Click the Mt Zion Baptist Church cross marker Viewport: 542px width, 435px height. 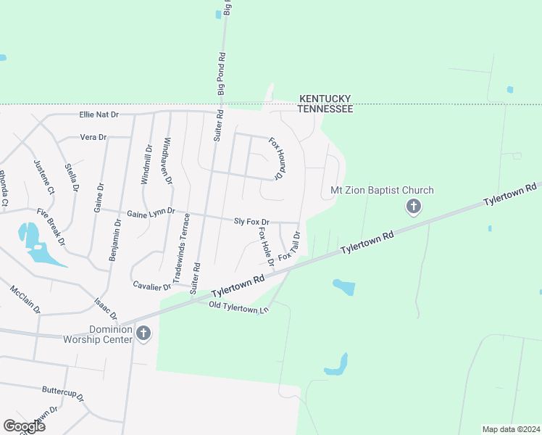(413, 207)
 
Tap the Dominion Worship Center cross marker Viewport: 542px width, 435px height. (143, 333)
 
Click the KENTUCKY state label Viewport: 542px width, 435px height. (325, 99)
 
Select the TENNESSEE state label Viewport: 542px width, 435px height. (325, 109)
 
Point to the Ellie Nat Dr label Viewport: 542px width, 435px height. (99, 115)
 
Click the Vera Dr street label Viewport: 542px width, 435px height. (93, 137)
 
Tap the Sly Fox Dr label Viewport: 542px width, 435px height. (251, 221)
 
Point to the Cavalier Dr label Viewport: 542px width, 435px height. (152, 286)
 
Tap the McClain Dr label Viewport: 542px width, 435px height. (25, 299)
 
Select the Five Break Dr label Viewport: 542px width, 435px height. (51, 226)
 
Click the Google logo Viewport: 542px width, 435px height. (24, 426)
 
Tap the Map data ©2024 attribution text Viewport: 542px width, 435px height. (510, 429)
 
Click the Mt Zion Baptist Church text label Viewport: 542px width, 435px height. (382, 191)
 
